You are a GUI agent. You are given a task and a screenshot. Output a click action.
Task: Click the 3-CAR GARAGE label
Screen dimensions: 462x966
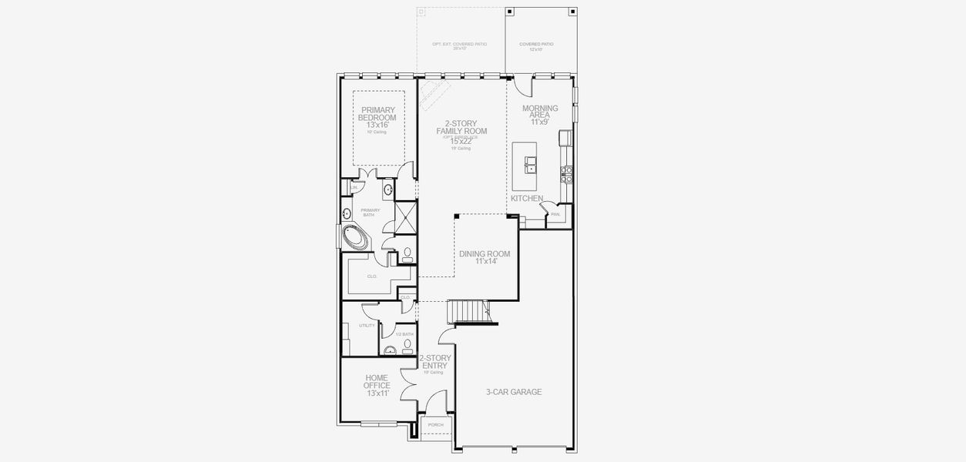(x=513, y=392)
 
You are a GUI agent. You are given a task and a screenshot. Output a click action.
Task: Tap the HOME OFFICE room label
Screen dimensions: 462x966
(x=377, y=385)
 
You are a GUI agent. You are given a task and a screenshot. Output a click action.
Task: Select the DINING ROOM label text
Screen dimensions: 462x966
(x=484, y=257)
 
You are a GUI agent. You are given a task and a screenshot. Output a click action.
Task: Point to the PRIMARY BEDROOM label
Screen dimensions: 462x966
(x=377, y=117)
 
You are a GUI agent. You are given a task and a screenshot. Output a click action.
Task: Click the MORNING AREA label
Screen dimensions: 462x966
(x=539, y=115)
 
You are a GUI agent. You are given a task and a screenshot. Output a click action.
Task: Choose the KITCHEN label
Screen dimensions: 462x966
(x=527, y=199)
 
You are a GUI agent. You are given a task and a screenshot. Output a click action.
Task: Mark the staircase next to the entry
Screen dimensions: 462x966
(x=468, y=311)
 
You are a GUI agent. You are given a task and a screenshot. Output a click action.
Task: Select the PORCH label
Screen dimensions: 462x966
(x=436, y=424)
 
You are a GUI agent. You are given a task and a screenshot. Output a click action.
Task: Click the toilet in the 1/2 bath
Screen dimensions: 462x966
(x=407, y=343)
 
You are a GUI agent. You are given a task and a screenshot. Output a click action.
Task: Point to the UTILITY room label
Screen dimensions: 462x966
(x=367, y=326)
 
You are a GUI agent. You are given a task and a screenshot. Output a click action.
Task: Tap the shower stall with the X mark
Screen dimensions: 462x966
(x=405, y=218)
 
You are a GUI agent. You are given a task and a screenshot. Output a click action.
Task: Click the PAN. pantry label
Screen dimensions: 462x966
(x=555, y=215)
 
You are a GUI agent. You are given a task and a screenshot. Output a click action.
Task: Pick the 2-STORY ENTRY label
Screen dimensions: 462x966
(x=435, y=362)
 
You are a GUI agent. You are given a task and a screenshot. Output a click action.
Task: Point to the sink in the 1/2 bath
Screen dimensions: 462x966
(x=391, y=351)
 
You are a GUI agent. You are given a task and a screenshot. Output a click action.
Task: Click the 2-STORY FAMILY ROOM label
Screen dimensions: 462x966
(x=461, y=132)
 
